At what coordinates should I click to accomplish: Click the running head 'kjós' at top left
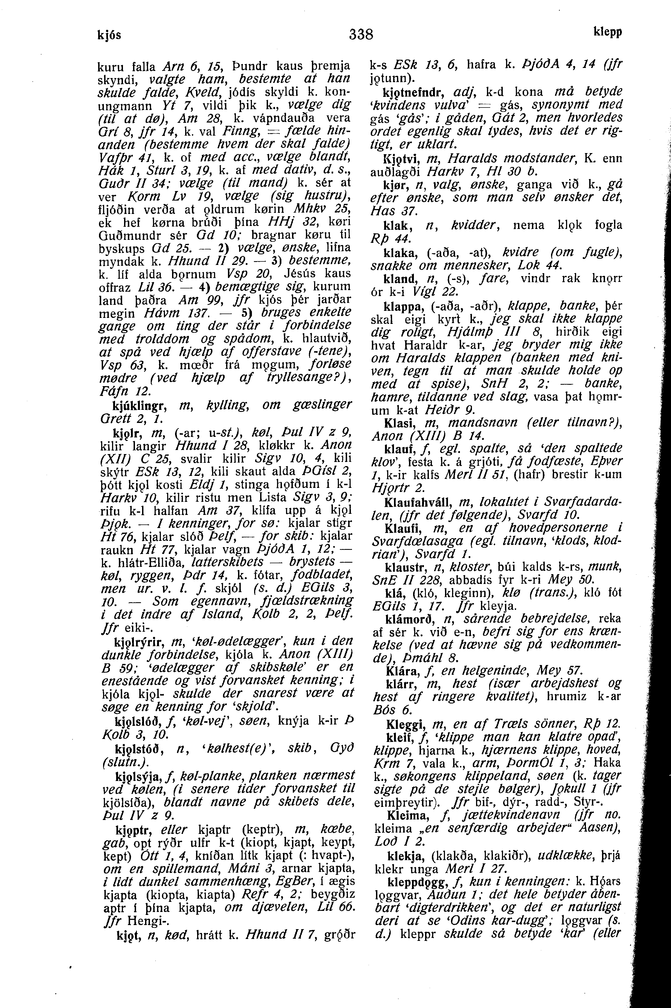110,34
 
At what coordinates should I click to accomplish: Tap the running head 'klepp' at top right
608,32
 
